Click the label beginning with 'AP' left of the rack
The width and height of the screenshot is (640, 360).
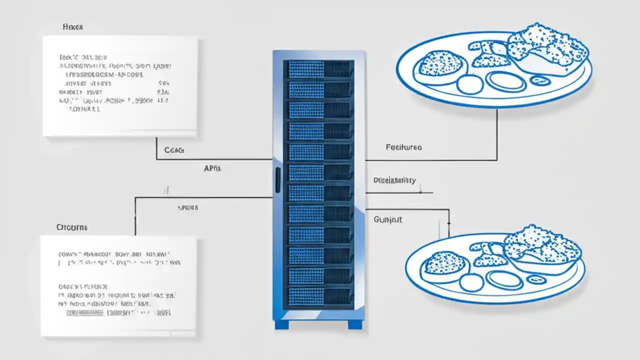point(212,169)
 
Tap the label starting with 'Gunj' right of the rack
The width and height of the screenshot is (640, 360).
point(388,219)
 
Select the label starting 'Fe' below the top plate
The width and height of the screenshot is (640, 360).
point(403,147)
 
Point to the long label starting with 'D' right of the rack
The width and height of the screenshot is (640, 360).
point(394,180)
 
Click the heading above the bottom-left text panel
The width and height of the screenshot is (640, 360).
point(72,227)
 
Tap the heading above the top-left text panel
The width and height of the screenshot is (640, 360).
point(73,26)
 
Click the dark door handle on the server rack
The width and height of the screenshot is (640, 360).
point(277,180)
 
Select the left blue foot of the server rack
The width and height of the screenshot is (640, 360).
point(282,324)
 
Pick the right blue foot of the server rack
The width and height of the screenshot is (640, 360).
point(355,324)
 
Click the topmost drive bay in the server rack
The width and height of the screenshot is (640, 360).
point(318,69)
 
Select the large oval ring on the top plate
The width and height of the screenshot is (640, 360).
point(506,81)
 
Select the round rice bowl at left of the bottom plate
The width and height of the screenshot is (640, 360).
point(444,263)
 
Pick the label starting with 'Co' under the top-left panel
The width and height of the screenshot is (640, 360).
point(174,150)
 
